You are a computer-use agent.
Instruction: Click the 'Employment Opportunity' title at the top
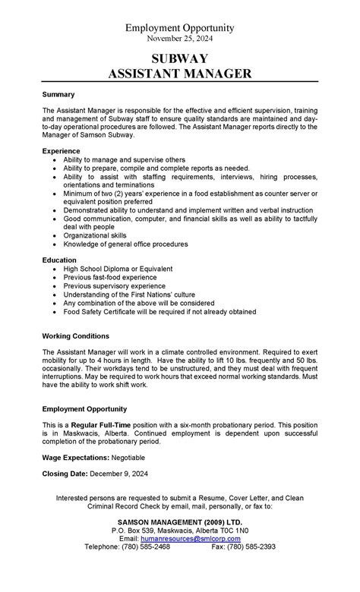click(x=180, y=28)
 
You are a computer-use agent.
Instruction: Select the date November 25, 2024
click(x=180, y=39)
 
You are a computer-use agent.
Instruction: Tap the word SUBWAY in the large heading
click(x=180, y=58)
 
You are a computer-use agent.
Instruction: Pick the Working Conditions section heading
click(x=76, y=335)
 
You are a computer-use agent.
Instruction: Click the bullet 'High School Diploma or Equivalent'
click(x=118, y=269)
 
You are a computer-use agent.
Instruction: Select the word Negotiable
click(x=128, y=458)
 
